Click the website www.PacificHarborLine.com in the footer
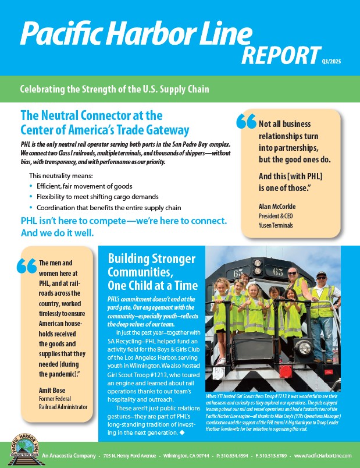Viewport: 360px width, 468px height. click(323, 454)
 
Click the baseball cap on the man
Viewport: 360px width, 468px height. click(320, 274)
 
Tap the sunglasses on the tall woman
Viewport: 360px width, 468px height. click(292, 272)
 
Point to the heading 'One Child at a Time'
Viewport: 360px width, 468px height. click(153, 285)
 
